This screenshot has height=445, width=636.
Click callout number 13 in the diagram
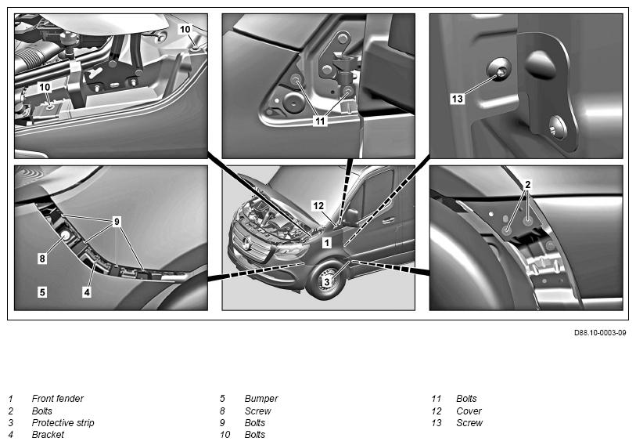click(x=457, y=99)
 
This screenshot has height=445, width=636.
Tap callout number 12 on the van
click(x=318, y=206)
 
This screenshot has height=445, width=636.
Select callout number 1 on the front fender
click(x=327, y=243)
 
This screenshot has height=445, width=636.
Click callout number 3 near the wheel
click(x=326, y=281)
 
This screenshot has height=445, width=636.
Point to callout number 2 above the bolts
click(x=528, y=185)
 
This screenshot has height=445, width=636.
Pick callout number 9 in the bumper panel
click(x=117, y=222)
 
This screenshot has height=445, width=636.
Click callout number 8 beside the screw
click(x=42, y=259)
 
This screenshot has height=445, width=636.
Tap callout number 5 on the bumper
click(x=42, y=291)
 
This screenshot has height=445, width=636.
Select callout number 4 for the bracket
click(x=87, y=291)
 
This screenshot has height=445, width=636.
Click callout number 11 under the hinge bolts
click(x=321, y=121)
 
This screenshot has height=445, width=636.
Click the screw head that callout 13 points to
click(x=499, y=70)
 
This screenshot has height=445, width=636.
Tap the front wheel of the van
click(x=325, y=280)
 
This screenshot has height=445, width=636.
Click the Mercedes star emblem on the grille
click(x=246, y=243)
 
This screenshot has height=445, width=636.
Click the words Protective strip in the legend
click(x=63, y=422)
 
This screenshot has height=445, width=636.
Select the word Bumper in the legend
click(x=261, y=399)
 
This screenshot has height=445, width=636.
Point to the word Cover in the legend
click(x=469, y=411)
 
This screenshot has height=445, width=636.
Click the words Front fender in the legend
click(x=58, y=399)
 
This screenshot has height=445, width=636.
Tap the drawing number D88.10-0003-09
click(x=600, y=333)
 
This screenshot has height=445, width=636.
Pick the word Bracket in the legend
click(x=48, y=435)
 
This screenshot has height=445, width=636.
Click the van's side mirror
click(x=350, y=217)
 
